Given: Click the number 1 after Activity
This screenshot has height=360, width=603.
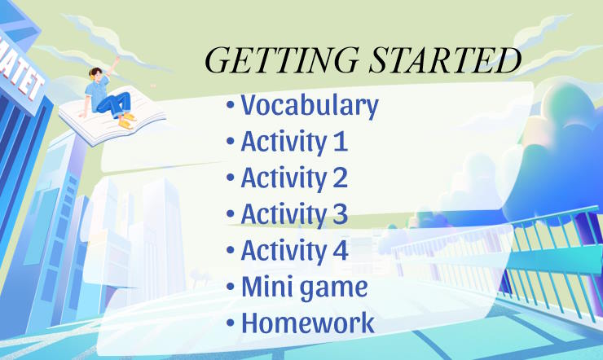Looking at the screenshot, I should coord(340,142).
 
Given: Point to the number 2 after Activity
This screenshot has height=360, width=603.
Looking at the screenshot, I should coord(339,178).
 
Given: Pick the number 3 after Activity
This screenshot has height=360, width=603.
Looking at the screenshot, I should coord(339,214).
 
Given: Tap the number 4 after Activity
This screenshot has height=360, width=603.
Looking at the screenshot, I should coord(340,250).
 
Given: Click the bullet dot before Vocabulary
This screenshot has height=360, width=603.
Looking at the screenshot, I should coord(231,107).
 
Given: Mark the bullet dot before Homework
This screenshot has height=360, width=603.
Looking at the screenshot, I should coord(231,323).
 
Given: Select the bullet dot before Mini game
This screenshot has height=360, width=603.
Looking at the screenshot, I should coord(231,288).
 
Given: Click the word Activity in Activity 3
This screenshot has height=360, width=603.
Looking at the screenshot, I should coord(282,214).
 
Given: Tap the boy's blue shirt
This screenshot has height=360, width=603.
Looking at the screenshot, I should coord(97,94).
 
